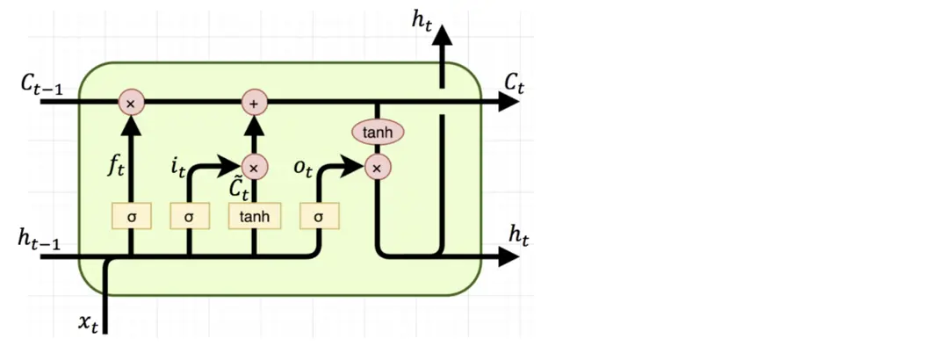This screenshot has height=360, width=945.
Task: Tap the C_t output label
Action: [x=514, y=83]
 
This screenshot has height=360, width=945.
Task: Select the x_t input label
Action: [x=88, y=323]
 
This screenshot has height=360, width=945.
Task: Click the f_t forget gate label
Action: [x=116, y=164]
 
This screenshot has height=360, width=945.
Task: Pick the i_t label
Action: [x=180, y=163]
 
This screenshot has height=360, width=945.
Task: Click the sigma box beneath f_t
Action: [x=131, y=214]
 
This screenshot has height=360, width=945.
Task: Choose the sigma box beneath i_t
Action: [x=189, y=214]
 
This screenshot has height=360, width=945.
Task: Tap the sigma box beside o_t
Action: [x=318, y=214]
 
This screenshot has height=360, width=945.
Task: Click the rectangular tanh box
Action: [x=254, y=214]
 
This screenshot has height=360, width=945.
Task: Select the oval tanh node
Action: [x=377, y=133]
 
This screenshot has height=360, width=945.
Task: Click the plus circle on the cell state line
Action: [x=254, y=103]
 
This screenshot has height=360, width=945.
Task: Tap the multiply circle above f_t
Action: [x=131, y=103]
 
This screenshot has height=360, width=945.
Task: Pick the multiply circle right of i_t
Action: [x=254, y=166]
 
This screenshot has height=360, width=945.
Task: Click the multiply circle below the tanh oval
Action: [x=377, y=166]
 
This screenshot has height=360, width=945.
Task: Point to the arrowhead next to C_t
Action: [x=509, y=103]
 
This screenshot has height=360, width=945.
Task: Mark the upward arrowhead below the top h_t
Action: [x=442, y=35]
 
